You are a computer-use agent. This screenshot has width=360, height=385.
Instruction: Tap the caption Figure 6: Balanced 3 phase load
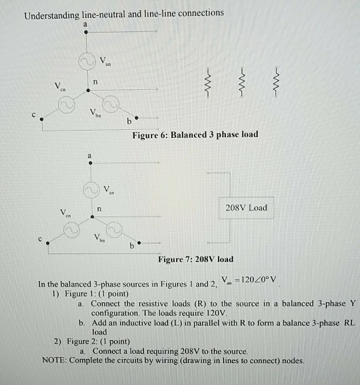point(195,134)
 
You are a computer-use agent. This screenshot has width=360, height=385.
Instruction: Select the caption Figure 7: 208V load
point(195,259)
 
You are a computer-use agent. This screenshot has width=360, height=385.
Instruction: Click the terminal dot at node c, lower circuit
point(47,245)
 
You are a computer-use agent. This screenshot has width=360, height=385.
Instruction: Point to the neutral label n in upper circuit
point(96,82)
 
